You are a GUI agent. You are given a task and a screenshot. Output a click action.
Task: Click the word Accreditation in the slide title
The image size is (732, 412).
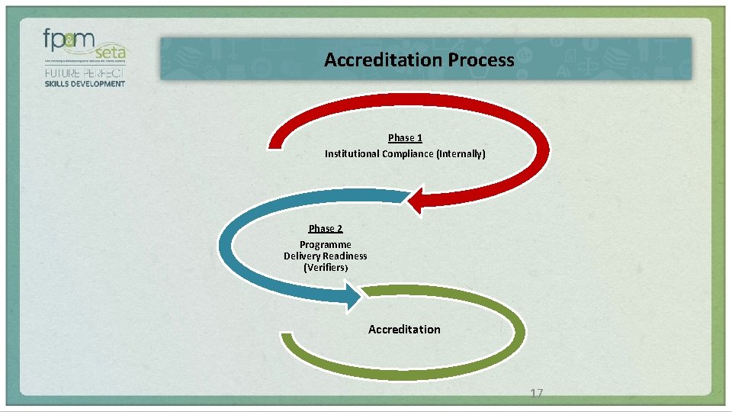(x=376, y=60)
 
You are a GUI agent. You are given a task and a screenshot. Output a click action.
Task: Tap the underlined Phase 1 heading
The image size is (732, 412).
(x=405, y=137)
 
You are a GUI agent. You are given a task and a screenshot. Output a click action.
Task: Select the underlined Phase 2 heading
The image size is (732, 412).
(x=326, y=228)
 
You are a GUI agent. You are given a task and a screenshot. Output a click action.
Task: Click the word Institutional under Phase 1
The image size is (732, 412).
(x=352, y=153)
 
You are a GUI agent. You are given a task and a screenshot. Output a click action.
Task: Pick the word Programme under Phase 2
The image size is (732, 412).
(x=326, y=245)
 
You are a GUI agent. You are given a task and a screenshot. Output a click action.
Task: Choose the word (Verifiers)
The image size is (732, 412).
(x=326, y=268)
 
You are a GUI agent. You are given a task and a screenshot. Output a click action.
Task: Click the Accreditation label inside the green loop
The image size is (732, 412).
(x=404, y=329)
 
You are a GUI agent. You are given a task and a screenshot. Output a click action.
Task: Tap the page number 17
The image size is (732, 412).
(x=536, y=393)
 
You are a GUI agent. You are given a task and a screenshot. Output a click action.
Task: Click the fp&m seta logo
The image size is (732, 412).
(x=85, y=47)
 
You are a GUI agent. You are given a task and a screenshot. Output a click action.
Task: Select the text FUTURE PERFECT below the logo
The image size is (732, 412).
(x=84, y=73)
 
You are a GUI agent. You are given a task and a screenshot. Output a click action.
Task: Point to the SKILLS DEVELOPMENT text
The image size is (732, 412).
(x=84, y=83)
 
